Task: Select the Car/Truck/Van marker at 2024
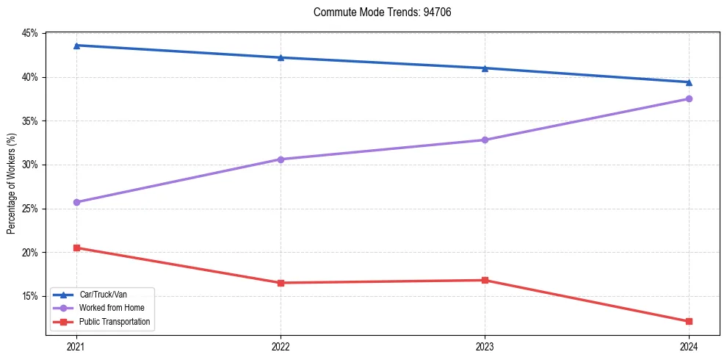[689, 82]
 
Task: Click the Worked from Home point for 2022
[281, 159]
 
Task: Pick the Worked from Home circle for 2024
[689, 98]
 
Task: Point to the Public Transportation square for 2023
[485, 280]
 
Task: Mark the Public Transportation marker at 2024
[689, 321]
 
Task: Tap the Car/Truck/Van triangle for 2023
[485, 68]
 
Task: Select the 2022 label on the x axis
[281, 346]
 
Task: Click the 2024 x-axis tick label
[689, 346]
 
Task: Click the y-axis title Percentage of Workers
[12, 184]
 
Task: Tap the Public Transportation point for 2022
[281, 283]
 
